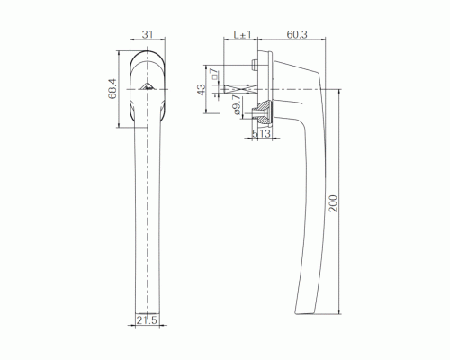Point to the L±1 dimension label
[x=242, y=34]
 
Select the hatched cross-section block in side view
[x=263, y=112]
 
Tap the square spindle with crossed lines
[x=243, y=91]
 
